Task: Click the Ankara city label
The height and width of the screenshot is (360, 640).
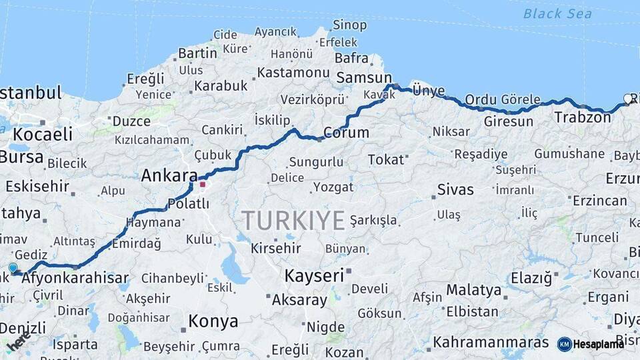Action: pyautogui.click(x=169, y=176)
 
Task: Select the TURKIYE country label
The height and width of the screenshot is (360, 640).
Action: pyautogui.click(x=293, y=220)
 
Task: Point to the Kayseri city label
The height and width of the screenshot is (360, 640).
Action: pyautogui.click(x=314, y=275)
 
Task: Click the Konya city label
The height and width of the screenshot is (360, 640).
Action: pyautogui.click(x=213, y=321)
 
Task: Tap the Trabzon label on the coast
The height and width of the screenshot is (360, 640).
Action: pyautogui.click(x=582, y=117)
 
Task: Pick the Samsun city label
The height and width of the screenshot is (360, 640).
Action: pyautogui.click(x=363, y=78)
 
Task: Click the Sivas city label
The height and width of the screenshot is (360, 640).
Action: pyautogui.click(x=455, y=189)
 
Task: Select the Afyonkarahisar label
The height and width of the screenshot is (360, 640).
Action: pyautogui.click(x=75, y=278)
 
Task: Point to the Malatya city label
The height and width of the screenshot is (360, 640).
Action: pyautogui.click(x=473, y=290)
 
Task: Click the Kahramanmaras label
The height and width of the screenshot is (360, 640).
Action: pyautogui.click(x=491, y=342)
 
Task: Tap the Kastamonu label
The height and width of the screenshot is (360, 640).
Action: pyautogui.click(x=293, y=73)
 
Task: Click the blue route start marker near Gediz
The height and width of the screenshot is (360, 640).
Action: pyautogui.click(x=13, y=268)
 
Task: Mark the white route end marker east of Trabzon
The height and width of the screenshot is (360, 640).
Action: pyautogui.click(x=627, y=99)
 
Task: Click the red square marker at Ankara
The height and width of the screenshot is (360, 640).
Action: pyautogui.click(x=203, y=184)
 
